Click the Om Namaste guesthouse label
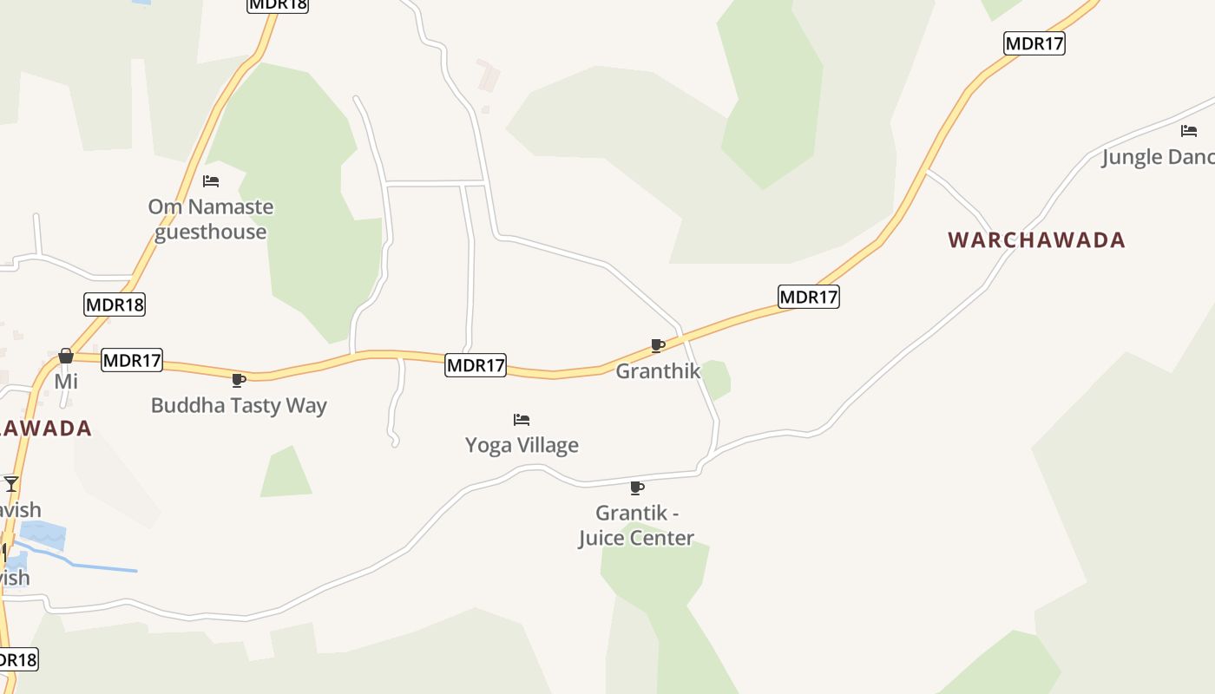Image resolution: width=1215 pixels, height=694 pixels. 211,219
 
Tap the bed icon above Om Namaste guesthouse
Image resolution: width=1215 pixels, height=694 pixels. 211,181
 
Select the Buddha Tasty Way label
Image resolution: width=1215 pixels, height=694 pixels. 239,405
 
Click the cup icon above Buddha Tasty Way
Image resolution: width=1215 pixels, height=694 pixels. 239,380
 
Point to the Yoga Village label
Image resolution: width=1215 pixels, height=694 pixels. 522,445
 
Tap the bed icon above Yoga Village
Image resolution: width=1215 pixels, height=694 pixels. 522,420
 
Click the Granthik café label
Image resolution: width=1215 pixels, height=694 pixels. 658,371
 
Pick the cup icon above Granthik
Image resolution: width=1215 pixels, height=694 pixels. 658,346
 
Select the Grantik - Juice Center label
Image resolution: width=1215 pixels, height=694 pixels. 636,526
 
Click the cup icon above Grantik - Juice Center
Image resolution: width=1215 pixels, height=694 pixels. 637,488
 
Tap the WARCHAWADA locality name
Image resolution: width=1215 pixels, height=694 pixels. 1036,240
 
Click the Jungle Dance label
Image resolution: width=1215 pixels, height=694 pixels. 1158,157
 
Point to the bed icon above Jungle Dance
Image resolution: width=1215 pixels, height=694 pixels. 1189,131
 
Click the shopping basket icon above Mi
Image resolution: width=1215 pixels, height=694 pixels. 66,356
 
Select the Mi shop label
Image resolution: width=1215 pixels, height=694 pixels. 66,382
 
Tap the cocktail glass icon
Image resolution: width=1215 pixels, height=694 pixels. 10,483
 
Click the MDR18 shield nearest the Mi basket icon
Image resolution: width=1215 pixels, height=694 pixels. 115,304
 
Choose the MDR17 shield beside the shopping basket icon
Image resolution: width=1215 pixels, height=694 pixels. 132,360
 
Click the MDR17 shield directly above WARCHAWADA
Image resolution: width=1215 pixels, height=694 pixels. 1034,43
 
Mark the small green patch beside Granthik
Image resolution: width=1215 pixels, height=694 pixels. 716,379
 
